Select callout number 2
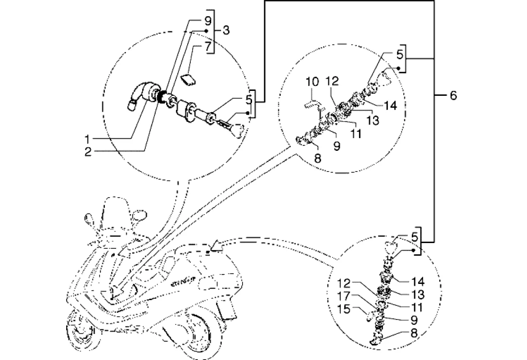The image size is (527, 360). coord(88,152)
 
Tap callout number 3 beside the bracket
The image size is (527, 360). coord(226,31)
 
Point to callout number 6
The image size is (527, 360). coord(453,95)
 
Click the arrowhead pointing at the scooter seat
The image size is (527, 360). coord(218,245)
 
